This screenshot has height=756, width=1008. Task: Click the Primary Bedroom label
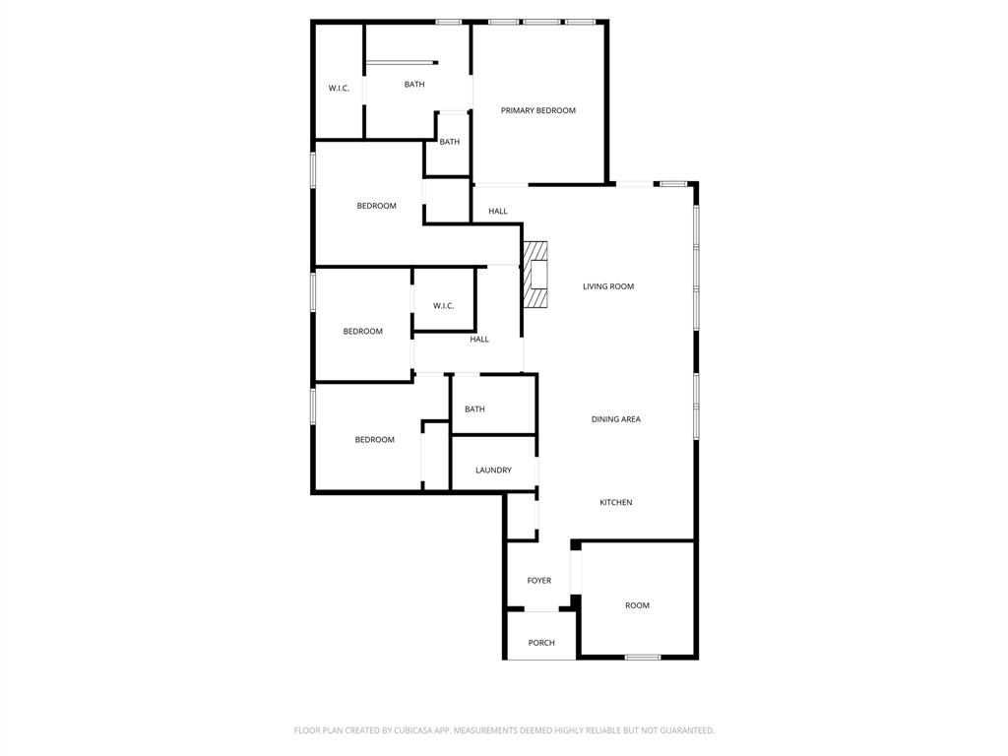(x=537, y=110)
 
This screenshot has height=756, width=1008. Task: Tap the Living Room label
(x=607, y=286)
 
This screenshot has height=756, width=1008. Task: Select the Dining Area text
(x=615, y=419)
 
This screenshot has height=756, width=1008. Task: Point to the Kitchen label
(x=615, y=503)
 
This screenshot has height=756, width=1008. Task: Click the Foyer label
(x=538, y=581)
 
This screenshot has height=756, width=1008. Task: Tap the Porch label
(x=540, y=643)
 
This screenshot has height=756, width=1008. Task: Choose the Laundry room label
(x=493, y=471)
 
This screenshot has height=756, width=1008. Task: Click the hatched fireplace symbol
(x=535, y=276)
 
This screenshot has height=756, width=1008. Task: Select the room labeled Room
(x=637, y=605)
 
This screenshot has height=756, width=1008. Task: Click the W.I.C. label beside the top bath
(x=339, y=89)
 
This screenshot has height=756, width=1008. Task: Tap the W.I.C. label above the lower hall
(x=443, y=306)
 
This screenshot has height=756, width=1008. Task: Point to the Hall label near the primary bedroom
(x=497, y=212)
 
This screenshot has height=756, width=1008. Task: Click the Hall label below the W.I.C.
(x=478, y=340)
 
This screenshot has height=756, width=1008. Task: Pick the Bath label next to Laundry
(x=474, y=409)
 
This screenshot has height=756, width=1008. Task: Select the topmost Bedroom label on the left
(x=376, y=206)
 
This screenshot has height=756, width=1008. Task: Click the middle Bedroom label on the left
(x=362, y=332)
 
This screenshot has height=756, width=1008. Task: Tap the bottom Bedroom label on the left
(x=374, y=440)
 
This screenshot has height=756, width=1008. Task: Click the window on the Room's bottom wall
(x=643, y=657)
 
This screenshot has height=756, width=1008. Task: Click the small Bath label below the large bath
(x=449, y=142)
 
